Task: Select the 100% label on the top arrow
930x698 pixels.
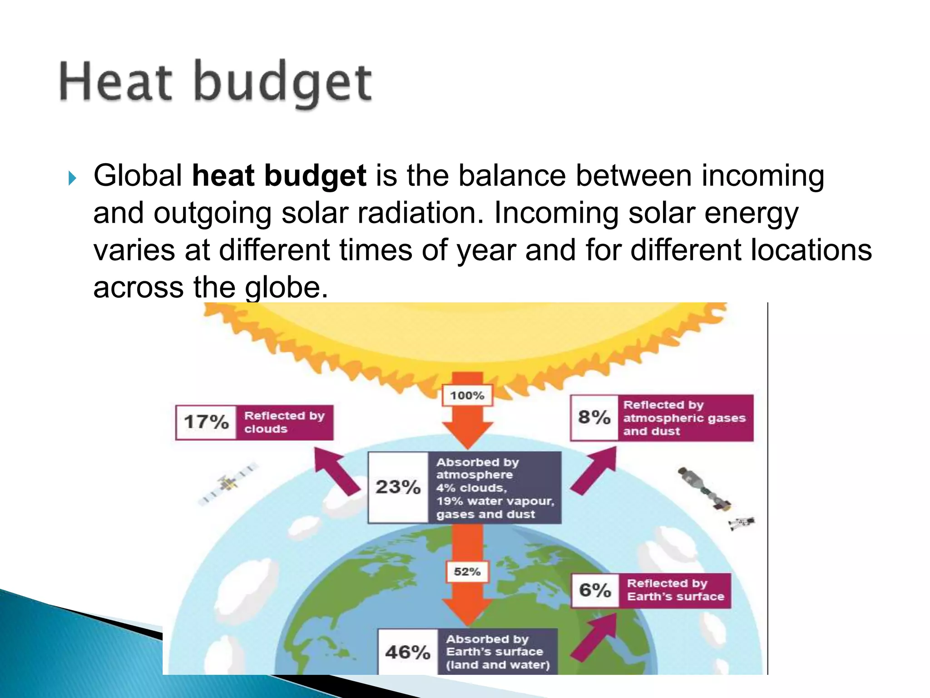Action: [467, 395]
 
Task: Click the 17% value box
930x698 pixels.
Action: [206, 422]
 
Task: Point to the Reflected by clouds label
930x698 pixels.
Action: [285, 422]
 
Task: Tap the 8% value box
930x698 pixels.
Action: [594, 417]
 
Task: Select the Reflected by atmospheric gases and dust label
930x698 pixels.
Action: [685, 418]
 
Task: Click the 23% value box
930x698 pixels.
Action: [398, 487]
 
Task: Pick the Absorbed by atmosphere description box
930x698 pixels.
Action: [495, 488]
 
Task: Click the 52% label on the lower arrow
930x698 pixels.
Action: [467, 572]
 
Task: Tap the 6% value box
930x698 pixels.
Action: [595, 590]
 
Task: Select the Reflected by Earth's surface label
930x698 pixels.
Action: [675, 590]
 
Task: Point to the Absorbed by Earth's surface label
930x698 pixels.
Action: [498, 652]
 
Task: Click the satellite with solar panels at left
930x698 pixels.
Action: [228, 483]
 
